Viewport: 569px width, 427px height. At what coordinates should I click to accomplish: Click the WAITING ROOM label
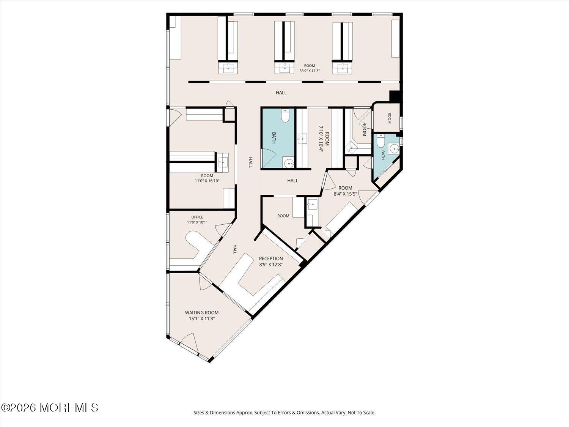[x=202, y=313]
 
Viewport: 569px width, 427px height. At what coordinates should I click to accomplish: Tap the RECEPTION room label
[x=271, y=258]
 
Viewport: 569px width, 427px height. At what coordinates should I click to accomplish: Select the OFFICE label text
[x=197, y=217]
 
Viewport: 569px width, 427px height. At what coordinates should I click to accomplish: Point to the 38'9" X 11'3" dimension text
[x=310, y=71]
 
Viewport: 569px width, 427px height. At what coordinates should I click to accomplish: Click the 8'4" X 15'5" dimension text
[x=345, y=194]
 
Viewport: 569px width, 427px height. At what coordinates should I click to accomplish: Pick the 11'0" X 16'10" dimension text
[x=207, y=181]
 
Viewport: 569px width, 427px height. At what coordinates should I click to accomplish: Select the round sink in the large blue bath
[x=288, y=163]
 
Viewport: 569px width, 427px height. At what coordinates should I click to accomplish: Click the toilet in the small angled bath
[x=380, y=141]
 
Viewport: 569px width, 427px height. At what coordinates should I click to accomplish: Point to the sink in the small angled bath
[x=394, y=149]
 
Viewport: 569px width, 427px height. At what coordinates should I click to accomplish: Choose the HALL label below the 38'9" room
[x=281, y=93]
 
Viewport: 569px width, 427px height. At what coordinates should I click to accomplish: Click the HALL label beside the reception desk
[x=235, y=249]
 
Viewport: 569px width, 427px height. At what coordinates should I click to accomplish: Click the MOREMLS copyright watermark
[x=49, y=408]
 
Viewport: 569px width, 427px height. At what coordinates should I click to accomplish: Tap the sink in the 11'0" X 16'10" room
[x=223, y=163]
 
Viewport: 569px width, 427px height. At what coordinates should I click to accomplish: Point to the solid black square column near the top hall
[x=395, y=96]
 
